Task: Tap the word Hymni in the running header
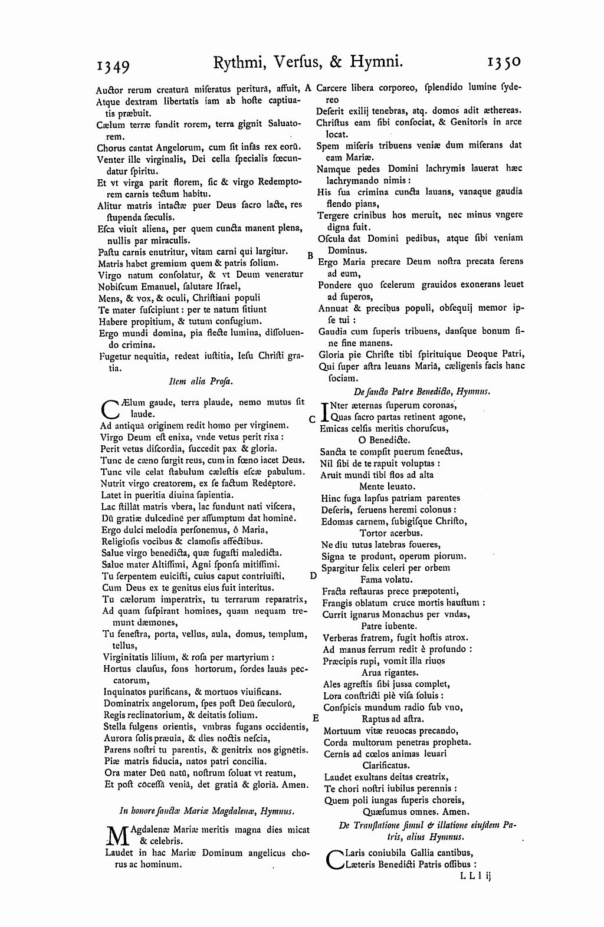[373, 61]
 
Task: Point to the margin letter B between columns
[309, 256]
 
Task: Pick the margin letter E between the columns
[316, 718]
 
